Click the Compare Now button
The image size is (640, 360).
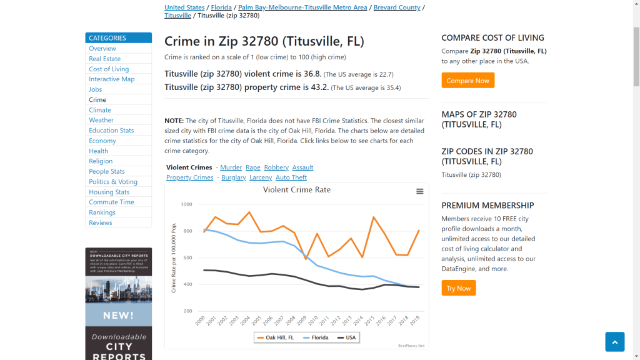point(467,81)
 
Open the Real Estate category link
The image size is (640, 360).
point(104,59)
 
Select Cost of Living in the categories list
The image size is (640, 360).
point(109,69)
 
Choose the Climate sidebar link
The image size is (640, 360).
point(100,110)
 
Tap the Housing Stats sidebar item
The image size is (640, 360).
point(109,192)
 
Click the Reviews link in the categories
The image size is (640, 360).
point(100,222)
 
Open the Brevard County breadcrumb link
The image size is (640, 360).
point(397,7)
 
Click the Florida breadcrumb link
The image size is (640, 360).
point(221,7)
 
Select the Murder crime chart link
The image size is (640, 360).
point(231,167)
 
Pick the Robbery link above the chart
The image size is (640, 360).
point(276,167)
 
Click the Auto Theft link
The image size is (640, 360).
point(291,177)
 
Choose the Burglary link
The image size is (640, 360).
point(234,177)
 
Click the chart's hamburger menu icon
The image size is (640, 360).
point(420,191)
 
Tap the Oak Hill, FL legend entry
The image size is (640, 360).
point(275,337)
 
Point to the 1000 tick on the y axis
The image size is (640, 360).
point(186,204)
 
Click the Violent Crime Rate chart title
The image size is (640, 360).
point(297,190)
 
